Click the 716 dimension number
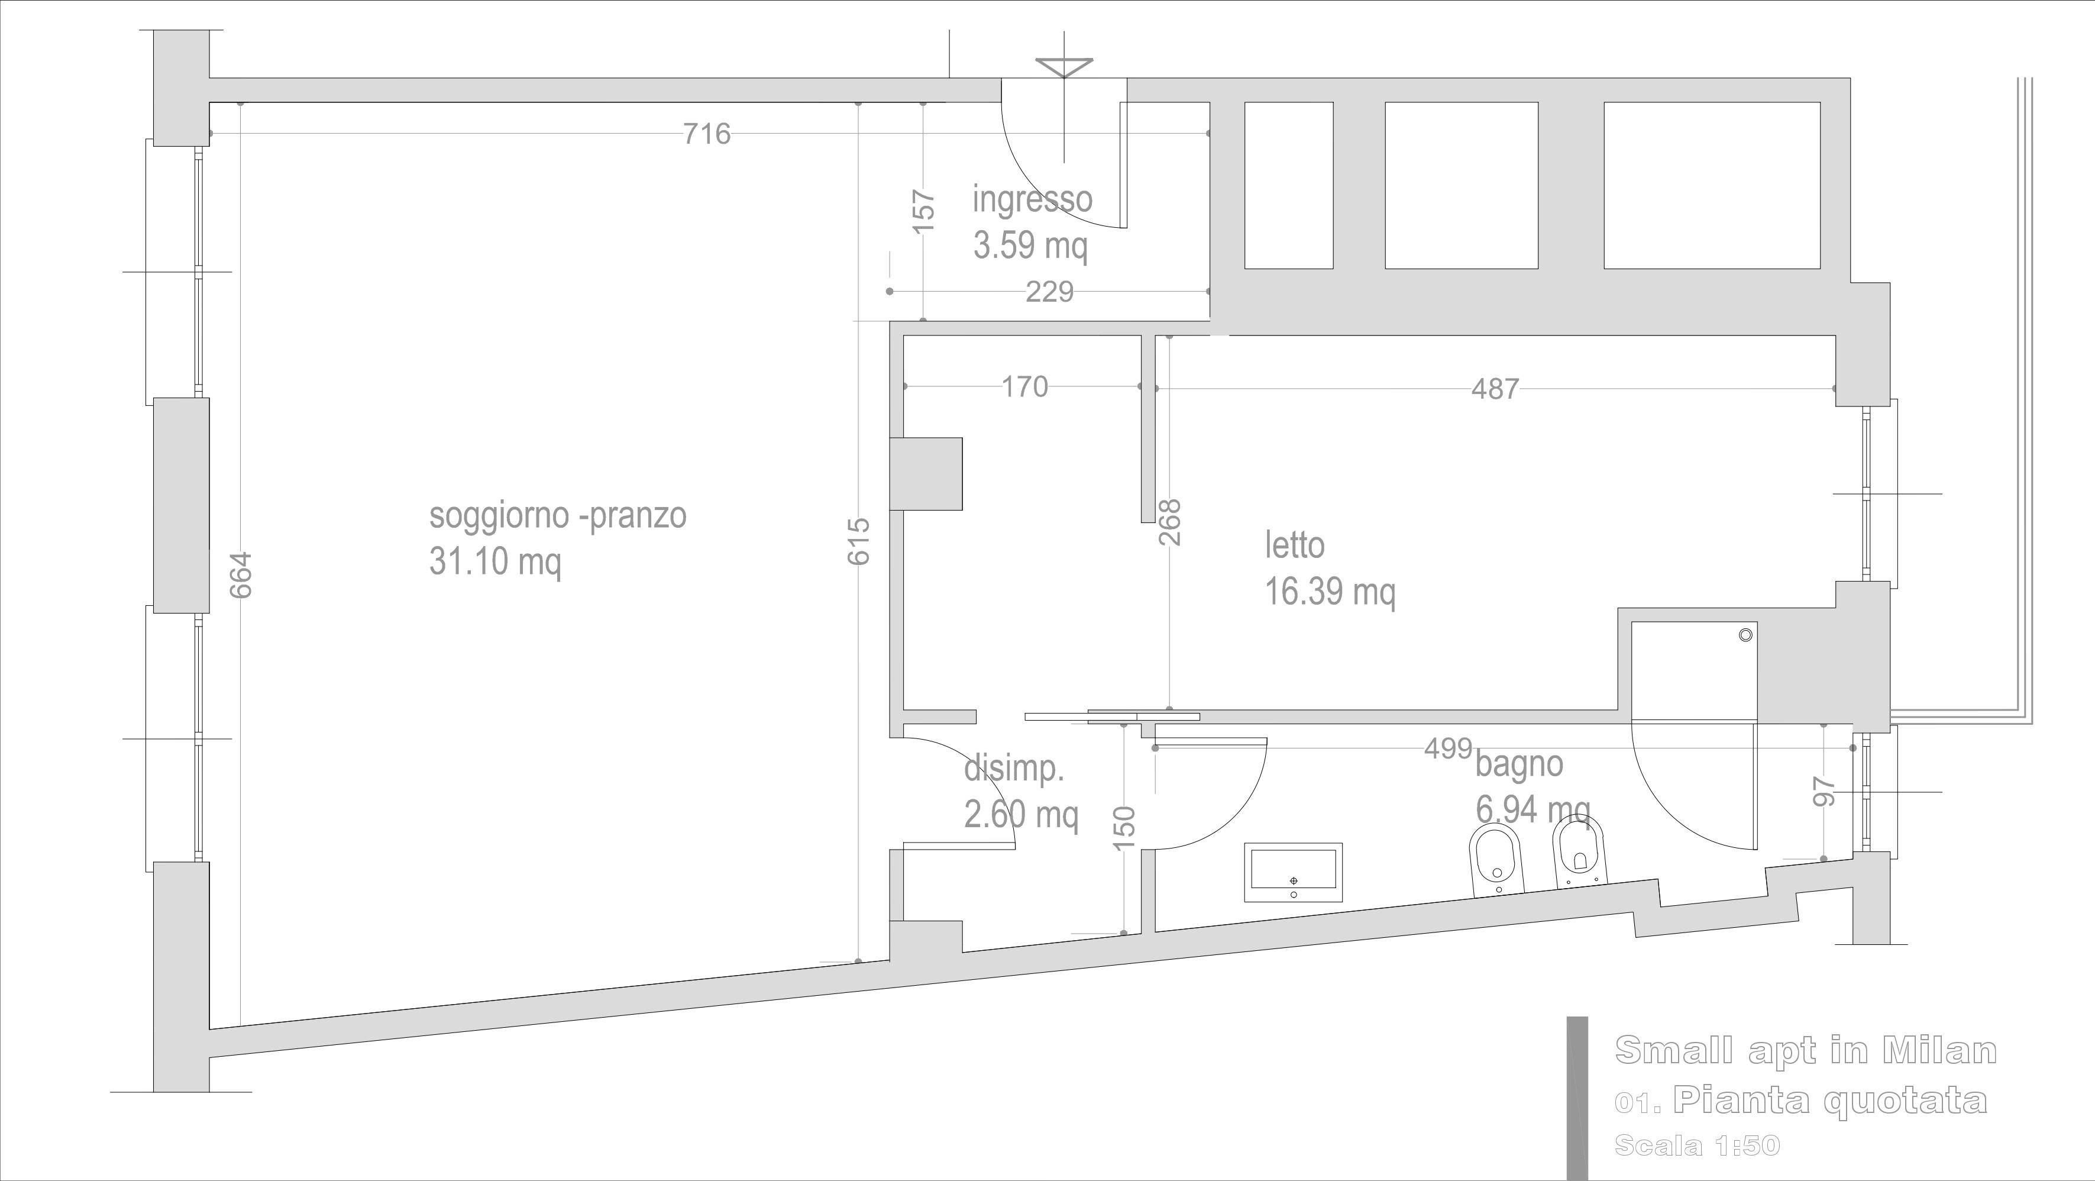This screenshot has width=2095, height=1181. [707, 133]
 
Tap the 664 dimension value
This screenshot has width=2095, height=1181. [241, 575]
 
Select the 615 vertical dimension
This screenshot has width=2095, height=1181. [859, 541]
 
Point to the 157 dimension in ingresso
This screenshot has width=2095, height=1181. [924, 211]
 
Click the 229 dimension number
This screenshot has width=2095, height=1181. [1049, 291]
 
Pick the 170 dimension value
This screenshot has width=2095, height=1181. [1024, 386]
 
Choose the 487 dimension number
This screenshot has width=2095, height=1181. [1495, 389]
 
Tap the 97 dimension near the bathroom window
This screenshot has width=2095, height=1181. [1825, 792]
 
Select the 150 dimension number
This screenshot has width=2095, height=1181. [1123, 828]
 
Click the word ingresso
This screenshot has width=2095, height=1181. [1033, 199]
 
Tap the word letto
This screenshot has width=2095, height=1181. [1295, 545]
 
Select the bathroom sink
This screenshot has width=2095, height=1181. [1293, 873]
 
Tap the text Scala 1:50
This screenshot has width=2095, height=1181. [1698, 1146]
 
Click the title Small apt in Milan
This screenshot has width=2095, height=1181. [1805, 1050]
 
